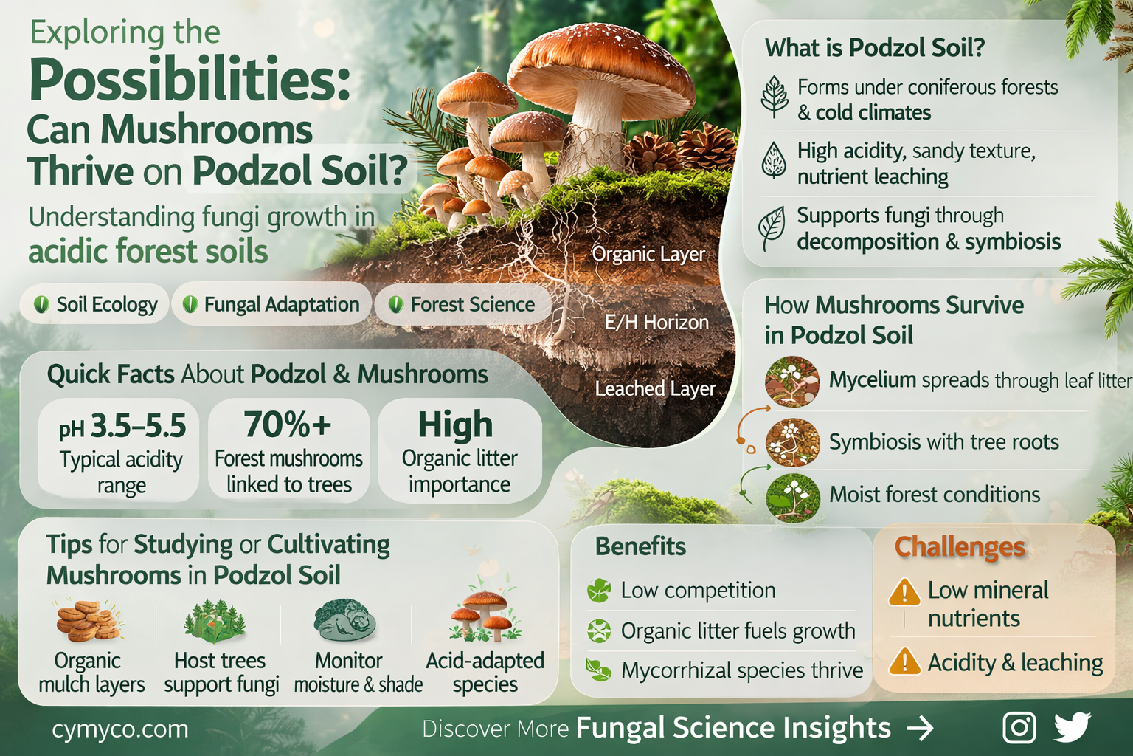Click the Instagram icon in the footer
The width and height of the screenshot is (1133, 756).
(x=1019, y=728)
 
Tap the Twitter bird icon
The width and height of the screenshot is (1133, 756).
(x=1072, y=727)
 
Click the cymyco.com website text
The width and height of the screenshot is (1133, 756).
(x=120, y=729)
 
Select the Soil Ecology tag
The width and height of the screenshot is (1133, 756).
(x=95, y=304)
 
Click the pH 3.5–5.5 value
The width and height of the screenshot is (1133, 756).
(x=122, y=426)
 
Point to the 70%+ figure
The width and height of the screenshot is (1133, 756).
(x=288, y=425)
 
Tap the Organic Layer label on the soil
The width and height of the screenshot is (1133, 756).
(x=648, y=254)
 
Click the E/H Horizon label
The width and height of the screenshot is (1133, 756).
(x=656, y=323)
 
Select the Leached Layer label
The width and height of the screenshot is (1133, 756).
(x=655, y=388)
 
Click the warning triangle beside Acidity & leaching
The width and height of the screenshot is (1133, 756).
(x=904, y=662)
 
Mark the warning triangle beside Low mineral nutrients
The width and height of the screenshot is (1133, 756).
(x=904, y=592)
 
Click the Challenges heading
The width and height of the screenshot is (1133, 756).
(x=960, y=547)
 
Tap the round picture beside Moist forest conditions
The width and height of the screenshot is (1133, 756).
(x=792, y=498)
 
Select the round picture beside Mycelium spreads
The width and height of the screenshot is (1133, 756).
(x=792, y=381)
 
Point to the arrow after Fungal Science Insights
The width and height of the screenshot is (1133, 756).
(x=920, y=729)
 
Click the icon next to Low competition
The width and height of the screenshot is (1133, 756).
(x=599, y=591)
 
